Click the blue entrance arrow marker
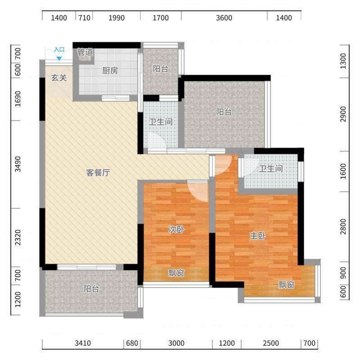pos(59,59)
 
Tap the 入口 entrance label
pos(59,49)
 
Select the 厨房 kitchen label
pos(110,71)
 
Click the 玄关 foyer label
pos(59,78)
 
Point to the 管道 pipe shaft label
pos(85,52)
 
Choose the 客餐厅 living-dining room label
pos(98,172)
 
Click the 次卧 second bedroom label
pos(176,229)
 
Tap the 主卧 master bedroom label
pos(257,235)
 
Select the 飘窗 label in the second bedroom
pos(176,273)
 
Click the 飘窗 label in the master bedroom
pos(286,285)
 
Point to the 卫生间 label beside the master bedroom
pos(271,169)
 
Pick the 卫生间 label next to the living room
pos(161,121)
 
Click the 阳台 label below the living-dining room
pos(91,288)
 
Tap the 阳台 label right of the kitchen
pos(161,69)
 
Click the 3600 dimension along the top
pos(224,18)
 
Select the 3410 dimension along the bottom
pos(83,343)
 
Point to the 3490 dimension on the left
pos(18,164)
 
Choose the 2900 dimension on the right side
pos(343,114)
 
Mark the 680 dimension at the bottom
pos(132,343)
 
